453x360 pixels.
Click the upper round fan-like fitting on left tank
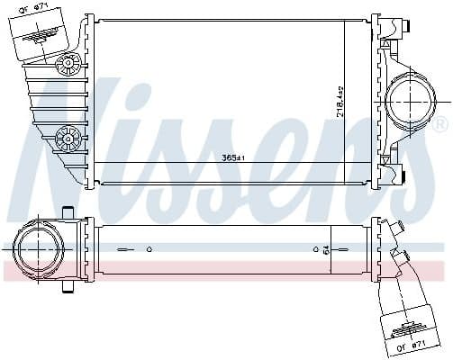tap(66, 65)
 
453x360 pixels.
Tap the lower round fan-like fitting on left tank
tap(66, 138)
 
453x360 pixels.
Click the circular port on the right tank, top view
tap(412, 102)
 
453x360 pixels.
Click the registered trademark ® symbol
tap(441, 123)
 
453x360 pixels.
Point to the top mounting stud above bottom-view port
tap(66, 212)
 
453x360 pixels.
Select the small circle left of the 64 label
tap(315, 248)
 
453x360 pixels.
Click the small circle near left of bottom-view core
tap(149, 248)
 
